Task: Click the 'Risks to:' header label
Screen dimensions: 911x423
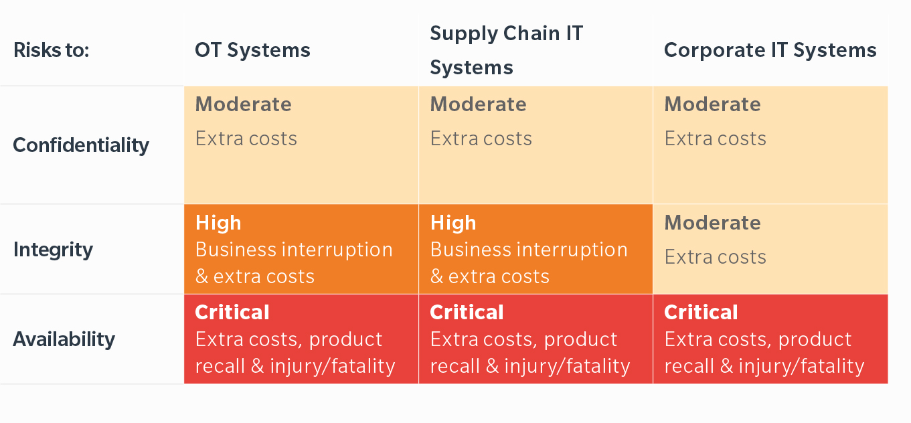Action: pos(52,50)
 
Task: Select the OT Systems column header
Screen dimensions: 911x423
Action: pos(252,50)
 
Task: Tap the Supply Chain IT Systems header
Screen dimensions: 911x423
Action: pos(506,50)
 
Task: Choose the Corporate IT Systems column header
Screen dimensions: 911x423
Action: pos(770,50)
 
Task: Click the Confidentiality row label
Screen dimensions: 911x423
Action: pos(81,145)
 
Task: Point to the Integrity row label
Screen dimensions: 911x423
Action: pos(53,250)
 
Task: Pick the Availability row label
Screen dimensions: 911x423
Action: pos(64,339)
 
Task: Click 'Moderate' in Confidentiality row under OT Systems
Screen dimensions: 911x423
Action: pos(243,104)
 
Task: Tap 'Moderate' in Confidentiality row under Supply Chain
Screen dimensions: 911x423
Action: pos(479,104)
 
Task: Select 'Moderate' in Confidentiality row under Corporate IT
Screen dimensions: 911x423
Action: pos(712,104)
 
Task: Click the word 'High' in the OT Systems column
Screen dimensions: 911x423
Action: pos(218,223)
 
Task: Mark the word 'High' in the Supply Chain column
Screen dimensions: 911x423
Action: pos(453,223)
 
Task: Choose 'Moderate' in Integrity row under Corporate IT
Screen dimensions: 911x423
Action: pos(712,222)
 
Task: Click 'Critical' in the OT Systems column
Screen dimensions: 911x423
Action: pos(232,313)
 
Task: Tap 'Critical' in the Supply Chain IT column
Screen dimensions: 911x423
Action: pos(467,313)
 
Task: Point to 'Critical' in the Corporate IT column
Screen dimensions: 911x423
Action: pos(701,313)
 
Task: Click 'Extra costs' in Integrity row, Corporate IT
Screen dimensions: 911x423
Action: pos(716,257)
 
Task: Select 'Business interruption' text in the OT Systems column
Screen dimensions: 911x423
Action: pos(294,250)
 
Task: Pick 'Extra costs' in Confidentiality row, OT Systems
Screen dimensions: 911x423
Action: pos(246,139)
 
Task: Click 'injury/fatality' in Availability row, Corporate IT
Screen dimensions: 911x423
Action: pos(801,366)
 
